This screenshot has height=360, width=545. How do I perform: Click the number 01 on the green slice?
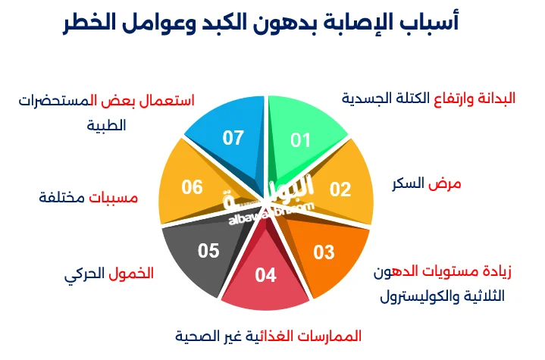(x=301, y=140)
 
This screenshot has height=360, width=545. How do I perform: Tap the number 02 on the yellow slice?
(x=340, y=189)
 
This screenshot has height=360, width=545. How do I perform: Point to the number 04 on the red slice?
(x=266, y=275)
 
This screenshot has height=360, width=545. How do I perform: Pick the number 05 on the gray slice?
(x=208, y=250)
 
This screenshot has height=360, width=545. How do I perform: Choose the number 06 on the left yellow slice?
(x=193, y=186)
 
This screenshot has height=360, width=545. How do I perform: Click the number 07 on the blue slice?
(x=233, y=138)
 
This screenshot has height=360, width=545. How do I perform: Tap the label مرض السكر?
(x=426, y=184)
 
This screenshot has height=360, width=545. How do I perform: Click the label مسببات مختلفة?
(x=89, y=198)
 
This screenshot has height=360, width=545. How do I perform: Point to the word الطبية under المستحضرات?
(x=106, y=125)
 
